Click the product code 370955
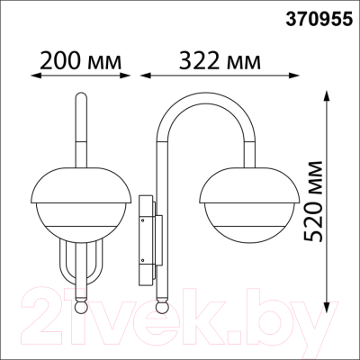[x=319, y=20]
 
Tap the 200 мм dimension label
[x=81, y=60]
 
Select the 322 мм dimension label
[x=220, y=60]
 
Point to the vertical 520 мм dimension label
[x=313, y=202]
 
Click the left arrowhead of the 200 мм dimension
[x=36, y=76]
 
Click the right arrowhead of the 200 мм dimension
[x=126, y=76]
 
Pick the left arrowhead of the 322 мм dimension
[x=145, y=76]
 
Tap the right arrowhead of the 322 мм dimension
[x=294, y=76]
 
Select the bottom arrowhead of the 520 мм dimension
[x=327, y=301]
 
